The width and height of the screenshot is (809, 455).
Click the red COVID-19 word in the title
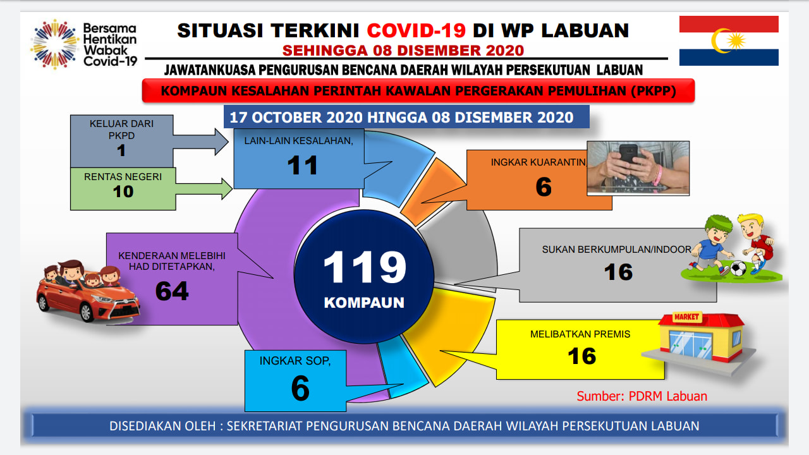click(416, 30)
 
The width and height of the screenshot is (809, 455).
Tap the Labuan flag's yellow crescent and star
click(728, 40)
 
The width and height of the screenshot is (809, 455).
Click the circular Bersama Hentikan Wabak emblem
click(55, 44)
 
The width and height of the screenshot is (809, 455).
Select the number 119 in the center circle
click(365, 267)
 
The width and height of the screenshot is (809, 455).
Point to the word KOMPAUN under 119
click(364, 303)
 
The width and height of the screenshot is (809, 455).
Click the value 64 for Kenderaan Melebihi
click(172, 291)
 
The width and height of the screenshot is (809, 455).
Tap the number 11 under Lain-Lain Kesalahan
click(302, 166)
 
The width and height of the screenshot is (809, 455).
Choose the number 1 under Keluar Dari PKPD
click(121, 150)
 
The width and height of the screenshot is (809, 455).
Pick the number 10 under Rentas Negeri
click(123, 191)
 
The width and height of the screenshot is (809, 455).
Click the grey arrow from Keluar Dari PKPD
click(200, 142)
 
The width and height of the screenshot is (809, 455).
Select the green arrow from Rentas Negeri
click(204, 189)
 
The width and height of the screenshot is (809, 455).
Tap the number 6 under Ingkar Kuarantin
click(544, 186)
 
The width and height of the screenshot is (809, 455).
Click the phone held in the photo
click(629, 155)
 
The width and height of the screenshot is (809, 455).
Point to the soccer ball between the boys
click(738, 269)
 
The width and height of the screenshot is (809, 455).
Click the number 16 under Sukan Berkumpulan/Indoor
click(618, 272)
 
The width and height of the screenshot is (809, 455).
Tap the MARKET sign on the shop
click(686, 317)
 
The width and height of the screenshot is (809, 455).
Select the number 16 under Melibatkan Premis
click(582, 356)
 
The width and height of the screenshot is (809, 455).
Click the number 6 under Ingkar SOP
click(300, 388)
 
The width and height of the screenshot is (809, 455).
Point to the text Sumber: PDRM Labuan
click(642, 396)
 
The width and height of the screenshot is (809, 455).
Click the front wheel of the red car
click(87, 312)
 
